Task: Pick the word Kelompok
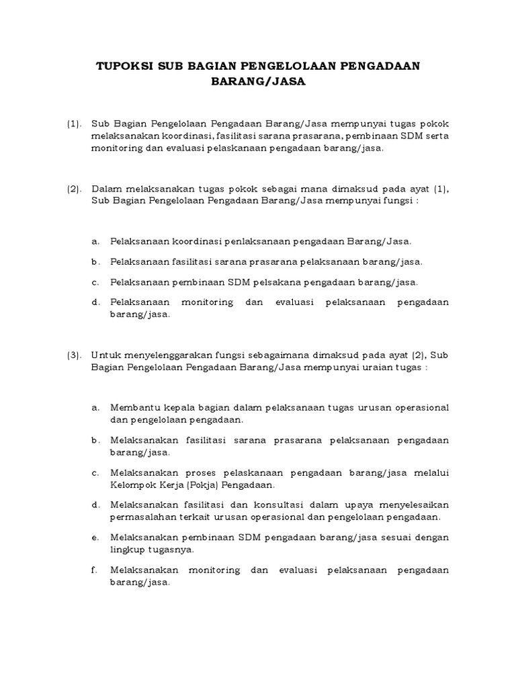pos(132,484)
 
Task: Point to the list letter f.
pos(96,570)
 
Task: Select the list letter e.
pos(96,538)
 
